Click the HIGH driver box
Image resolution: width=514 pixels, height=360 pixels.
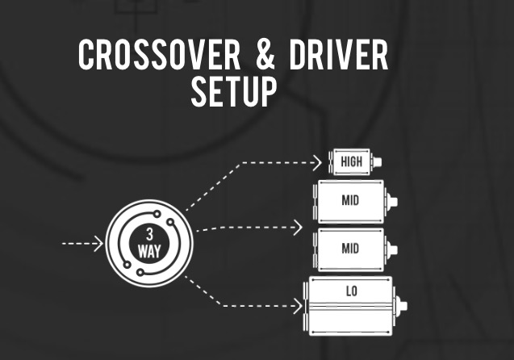[351, 161]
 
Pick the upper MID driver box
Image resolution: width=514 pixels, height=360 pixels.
[350, 201]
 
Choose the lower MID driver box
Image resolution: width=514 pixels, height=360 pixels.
[350, 248]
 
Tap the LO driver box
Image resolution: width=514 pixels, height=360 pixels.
[351, 306]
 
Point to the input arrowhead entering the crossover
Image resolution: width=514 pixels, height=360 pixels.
[99, 242]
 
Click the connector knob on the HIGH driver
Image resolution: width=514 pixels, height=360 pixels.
[377, 161]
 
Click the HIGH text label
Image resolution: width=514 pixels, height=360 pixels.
[351, 161]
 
